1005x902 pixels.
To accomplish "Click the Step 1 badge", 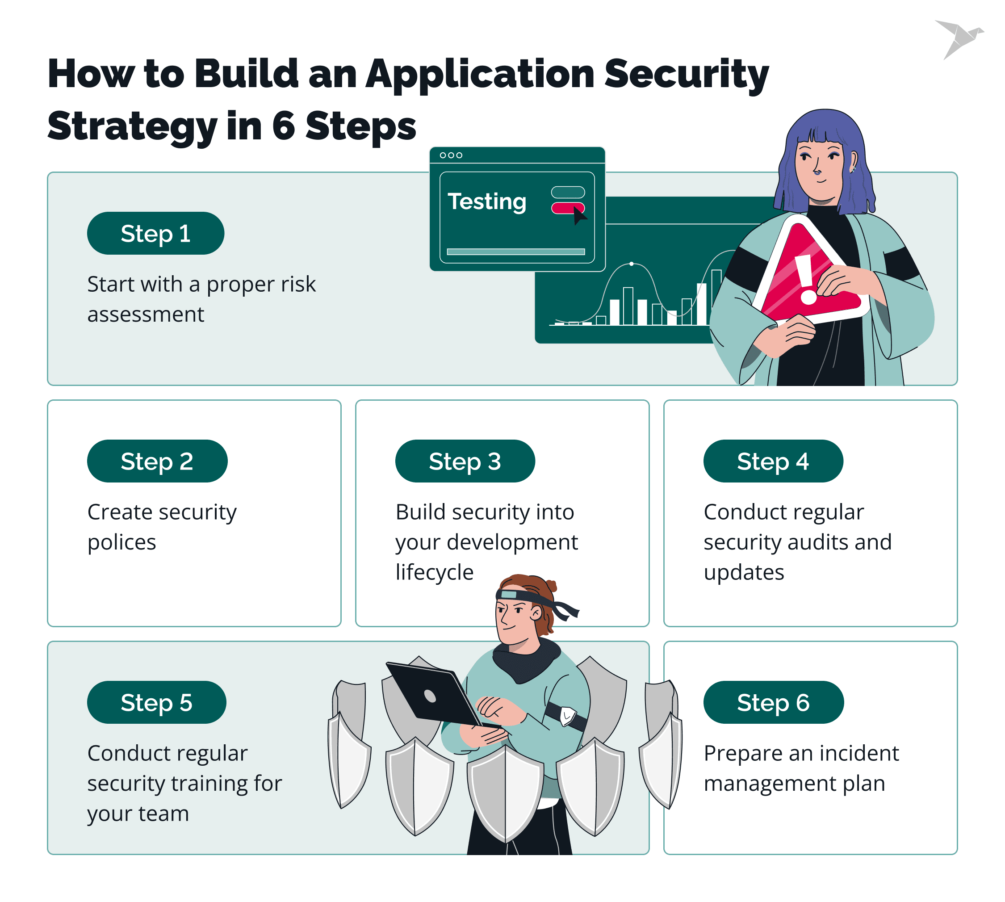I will coord(155,233).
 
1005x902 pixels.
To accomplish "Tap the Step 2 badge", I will coord(157,461).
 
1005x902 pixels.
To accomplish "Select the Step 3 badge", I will coord(465,461).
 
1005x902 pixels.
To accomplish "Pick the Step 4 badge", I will coord(773,461).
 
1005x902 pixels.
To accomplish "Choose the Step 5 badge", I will coord(157,702).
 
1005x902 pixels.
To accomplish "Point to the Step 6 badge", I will coord(773,702).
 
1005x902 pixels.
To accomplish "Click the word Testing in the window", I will coord(486,202).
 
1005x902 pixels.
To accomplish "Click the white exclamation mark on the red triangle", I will coord(806,280).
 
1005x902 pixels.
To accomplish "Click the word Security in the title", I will coord(687,74).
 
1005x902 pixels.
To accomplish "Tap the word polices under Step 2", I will coord(122,542).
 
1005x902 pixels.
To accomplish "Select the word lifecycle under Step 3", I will coord(434,572).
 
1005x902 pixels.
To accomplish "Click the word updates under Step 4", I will coord(744,572).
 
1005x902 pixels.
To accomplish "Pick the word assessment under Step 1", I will coord(146,314).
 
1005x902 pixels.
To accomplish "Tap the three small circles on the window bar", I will coord(451,155).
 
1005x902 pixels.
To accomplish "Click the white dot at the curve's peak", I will coord(631,264).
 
